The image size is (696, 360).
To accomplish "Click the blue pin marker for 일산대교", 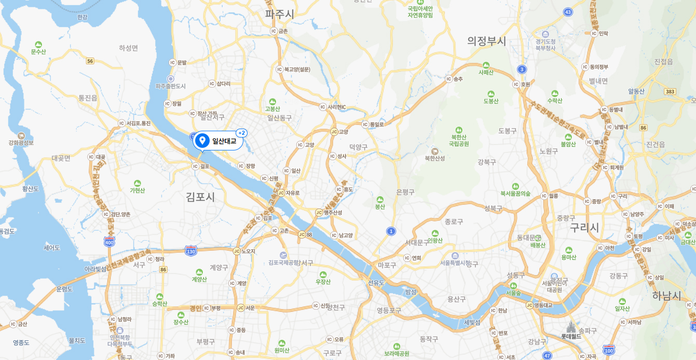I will point(203,141).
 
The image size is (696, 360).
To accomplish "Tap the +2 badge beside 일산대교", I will point(241,133).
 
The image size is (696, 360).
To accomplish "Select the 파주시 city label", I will point(279,15).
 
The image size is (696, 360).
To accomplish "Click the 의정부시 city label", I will point(486,41).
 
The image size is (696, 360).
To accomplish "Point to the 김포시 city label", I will point(200,197).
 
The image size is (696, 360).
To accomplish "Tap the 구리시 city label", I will point(584,227).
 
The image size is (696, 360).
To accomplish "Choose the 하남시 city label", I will point(667,296).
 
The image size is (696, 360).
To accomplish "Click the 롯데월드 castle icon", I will point(571,327).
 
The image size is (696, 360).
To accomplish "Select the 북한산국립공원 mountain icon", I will point(459,130).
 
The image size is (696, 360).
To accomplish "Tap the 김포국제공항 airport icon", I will point(283,255).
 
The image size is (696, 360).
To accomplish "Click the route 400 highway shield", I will point(109,242).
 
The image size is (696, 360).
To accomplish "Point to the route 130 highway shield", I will point(191,251).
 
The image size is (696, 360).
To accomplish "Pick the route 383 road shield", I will point(670,92).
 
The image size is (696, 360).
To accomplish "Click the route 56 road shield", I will point(90,61).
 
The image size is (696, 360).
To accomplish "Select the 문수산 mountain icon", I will point(38,44).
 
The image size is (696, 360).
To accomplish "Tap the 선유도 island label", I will point(376,283).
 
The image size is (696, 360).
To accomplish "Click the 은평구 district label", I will point(405,192).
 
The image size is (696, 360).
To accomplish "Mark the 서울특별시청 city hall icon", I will point(455,255).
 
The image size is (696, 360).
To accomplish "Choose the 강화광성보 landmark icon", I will point(21,135).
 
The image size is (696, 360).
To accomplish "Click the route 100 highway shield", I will point(609,350).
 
